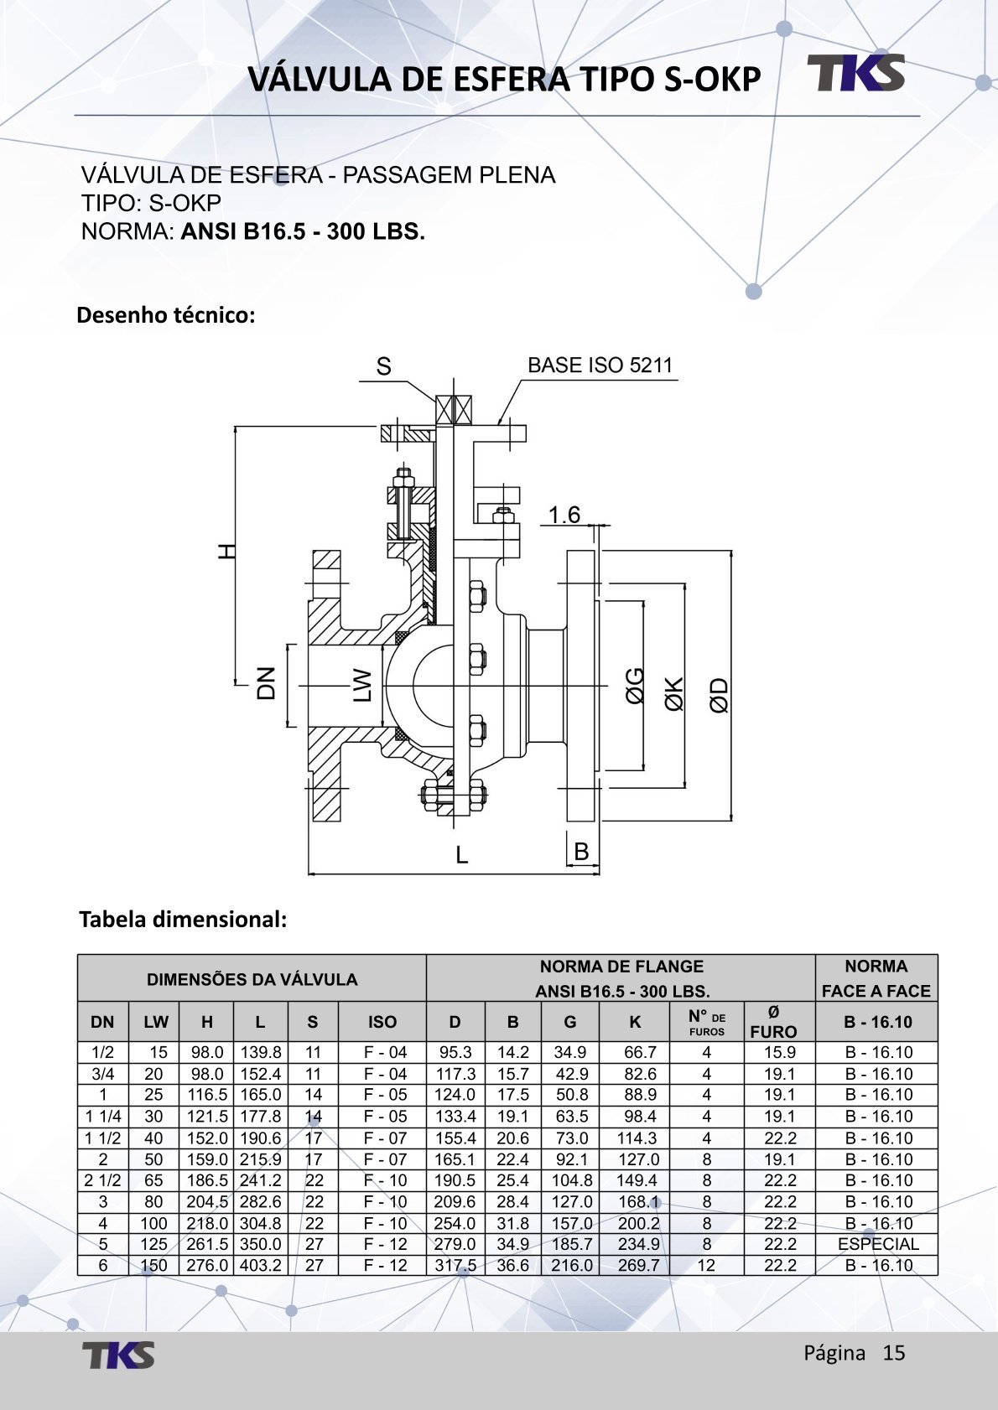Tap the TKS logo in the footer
[118, 1355]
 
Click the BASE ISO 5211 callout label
[600, 365]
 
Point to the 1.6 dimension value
[564, 515]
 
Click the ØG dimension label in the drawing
[635, 685]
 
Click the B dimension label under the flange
[581, 852]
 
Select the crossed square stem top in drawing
[454, 410]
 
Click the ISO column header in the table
[382, 1022]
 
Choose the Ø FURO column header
[772, 1022]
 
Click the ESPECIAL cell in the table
[877, 1244]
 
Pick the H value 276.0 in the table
[206, 1266]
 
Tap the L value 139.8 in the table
[261, 1053]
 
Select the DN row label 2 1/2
[102, 1180]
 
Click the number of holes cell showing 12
[706, 1266]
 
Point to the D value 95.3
[455, 1053]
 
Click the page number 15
[894, 1353]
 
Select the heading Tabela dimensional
[183, 920]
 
